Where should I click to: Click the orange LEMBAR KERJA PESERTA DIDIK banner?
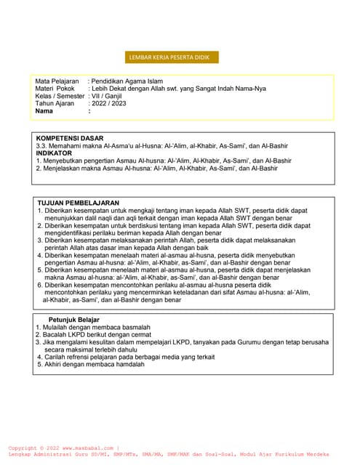click(x=171, y=57)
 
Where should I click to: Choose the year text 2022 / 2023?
click(x=108, y=104)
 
